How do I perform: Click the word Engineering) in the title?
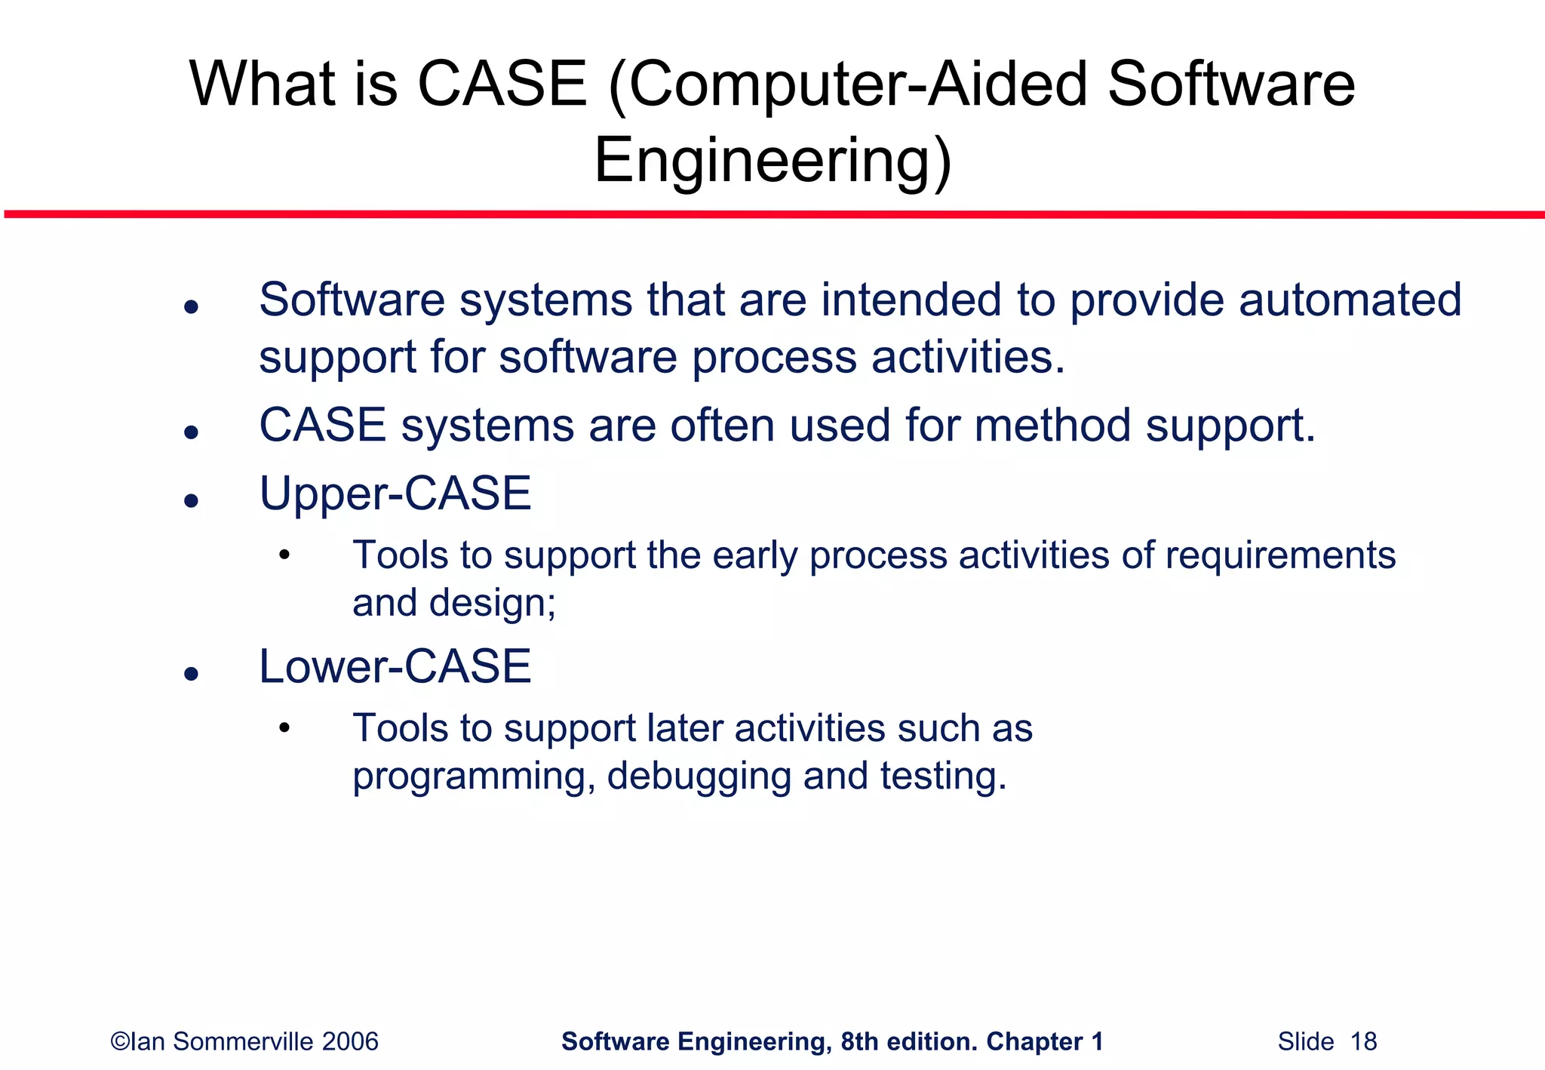[772, 161]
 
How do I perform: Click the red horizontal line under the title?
[772, 215]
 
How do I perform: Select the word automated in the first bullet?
[1350, 300]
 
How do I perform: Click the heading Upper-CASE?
[395, 493]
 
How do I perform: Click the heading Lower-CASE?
[395, 666]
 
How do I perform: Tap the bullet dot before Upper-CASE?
[191, 500]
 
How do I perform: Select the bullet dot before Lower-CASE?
[191, 673]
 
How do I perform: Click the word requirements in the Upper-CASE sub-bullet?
[1280, 556]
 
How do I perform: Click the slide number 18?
[1363, 1042]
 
